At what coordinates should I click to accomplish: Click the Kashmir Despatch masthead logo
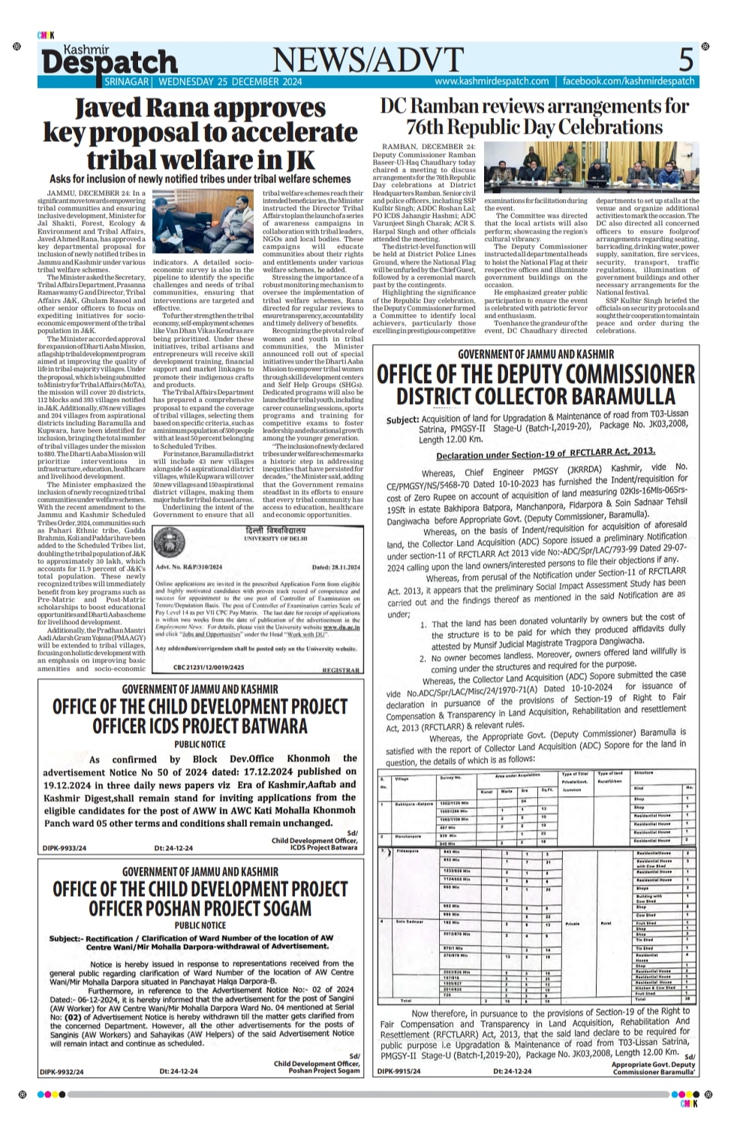coord(109,60)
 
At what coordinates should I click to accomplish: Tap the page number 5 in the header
coord(686,59)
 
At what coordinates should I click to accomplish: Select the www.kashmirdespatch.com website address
coord(492,81)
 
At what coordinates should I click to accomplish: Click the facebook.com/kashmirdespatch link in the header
coord(628,81)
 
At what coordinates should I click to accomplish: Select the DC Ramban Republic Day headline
coord(534,116)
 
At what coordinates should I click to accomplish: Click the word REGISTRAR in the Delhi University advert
coord(340,669)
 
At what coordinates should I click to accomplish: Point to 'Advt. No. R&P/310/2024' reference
coord(186,567)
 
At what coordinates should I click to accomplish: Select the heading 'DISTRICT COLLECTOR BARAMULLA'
coord(536,396)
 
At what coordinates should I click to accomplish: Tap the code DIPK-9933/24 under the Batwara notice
coord(65,848)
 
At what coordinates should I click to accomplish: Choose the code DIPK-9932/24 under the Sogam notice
coord(62,1071)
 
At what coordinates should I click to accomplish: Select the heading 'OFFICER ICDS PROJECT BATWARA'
coord(200,726)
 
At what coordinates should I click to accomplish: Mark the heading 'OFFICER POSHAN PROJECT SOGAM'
coord(200,908)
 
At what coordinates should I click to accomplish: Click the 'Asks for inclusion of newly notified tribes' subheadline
coord(200,180)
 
